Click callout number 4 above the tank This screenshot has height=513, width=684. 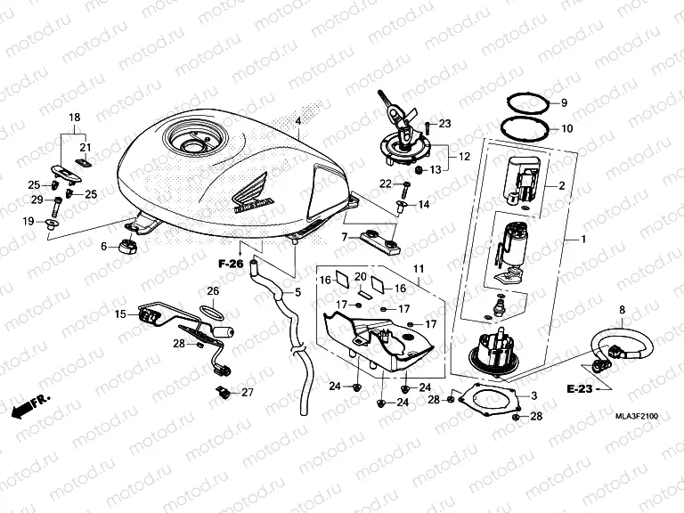[x=298, y=120]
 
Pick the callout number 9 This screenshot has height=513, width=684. [x=563, y=103]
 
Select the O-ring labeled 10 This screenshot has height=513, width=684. [x=524, y=127]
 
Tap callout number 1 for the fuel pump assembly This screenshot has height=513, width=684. [x=583, y=240]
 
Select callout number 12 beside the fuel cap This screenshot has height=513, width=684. [x=463, y=157]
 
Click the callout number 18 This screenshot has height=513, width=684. [x=75, y=118]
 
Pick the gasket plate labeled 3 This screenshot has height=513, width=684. [x=485, y=400]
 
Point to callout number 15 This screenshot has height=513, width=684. [x=120, y=313]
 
